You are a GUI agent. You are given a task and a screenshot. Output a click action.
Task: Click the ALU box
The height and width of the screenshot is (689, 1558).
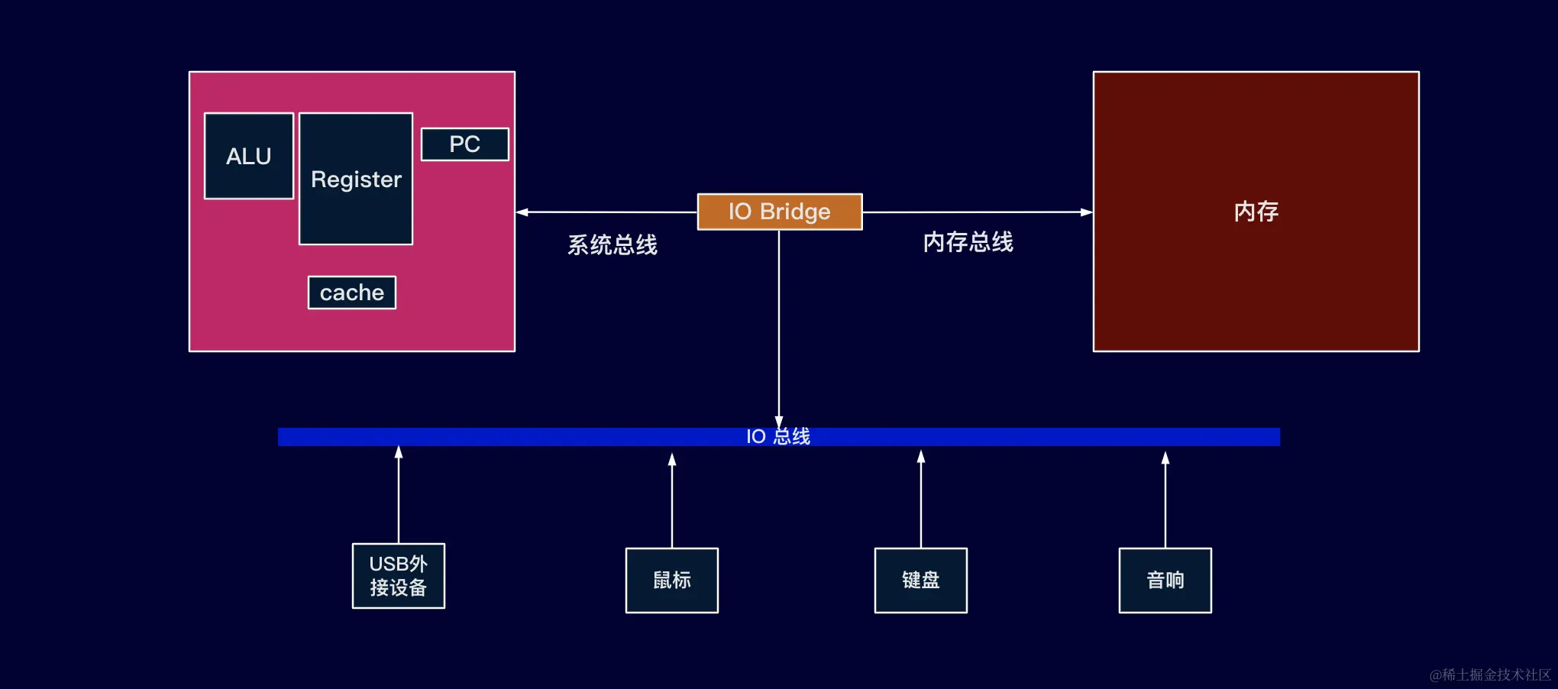(248, 156)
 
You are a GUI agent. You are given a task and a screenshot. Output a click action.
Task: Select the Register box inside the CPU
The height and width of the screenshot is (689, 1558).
(356, 179)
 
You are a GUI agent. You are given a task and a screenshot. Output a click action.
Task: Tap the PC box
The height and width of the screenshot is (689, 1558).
(464, 144)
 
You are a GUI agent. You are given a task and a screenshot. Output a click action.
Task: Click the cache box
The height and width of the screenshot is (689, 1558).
(351, 293)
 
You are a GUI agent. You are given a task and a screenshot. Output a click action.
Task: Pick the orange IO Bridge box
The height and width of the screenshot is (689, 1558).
(779, 212)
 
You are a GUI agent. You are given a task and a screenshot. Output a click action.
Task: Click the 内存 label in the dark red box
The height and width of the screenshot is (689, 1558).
(1256, 212)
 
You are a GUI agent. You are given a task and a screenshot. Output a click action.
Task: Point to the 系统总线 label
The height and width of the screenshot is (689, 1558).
(612, 245)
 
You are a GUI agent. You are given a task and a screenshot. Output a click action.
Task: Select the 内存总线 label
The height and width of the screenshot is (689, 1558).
(968, 242)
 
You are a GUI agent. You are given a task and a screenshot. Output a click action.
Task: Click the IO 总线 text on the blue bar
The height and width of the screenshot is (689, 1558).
(777, 436)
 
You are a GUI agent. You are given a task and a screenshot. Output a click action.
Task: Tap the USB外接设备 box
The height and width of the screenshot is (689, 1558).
(398, 576)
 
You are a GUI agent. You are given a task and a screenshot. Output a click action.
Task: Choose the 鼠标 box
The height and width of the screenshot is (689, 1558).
(671, 581)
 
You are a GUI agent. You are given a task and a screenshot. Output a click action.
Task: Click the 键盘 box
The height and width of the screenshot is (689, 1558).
(920, 581)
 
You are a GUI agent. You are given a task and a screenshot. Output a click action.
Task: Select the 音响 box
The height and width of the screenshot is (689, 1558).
(1165, 581)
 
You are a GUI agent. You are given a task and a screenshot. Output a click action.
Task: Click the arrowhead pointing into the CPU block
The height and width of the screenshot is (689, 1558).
(522, 212)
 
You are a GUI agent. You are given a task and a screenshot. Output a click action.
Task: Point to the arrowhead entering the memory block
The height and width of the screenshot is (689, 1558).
(1086, 212)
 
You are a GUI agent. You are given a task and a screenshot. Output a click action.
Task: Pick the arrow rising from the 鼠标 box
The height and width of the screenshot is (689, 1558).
(672, 500)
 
